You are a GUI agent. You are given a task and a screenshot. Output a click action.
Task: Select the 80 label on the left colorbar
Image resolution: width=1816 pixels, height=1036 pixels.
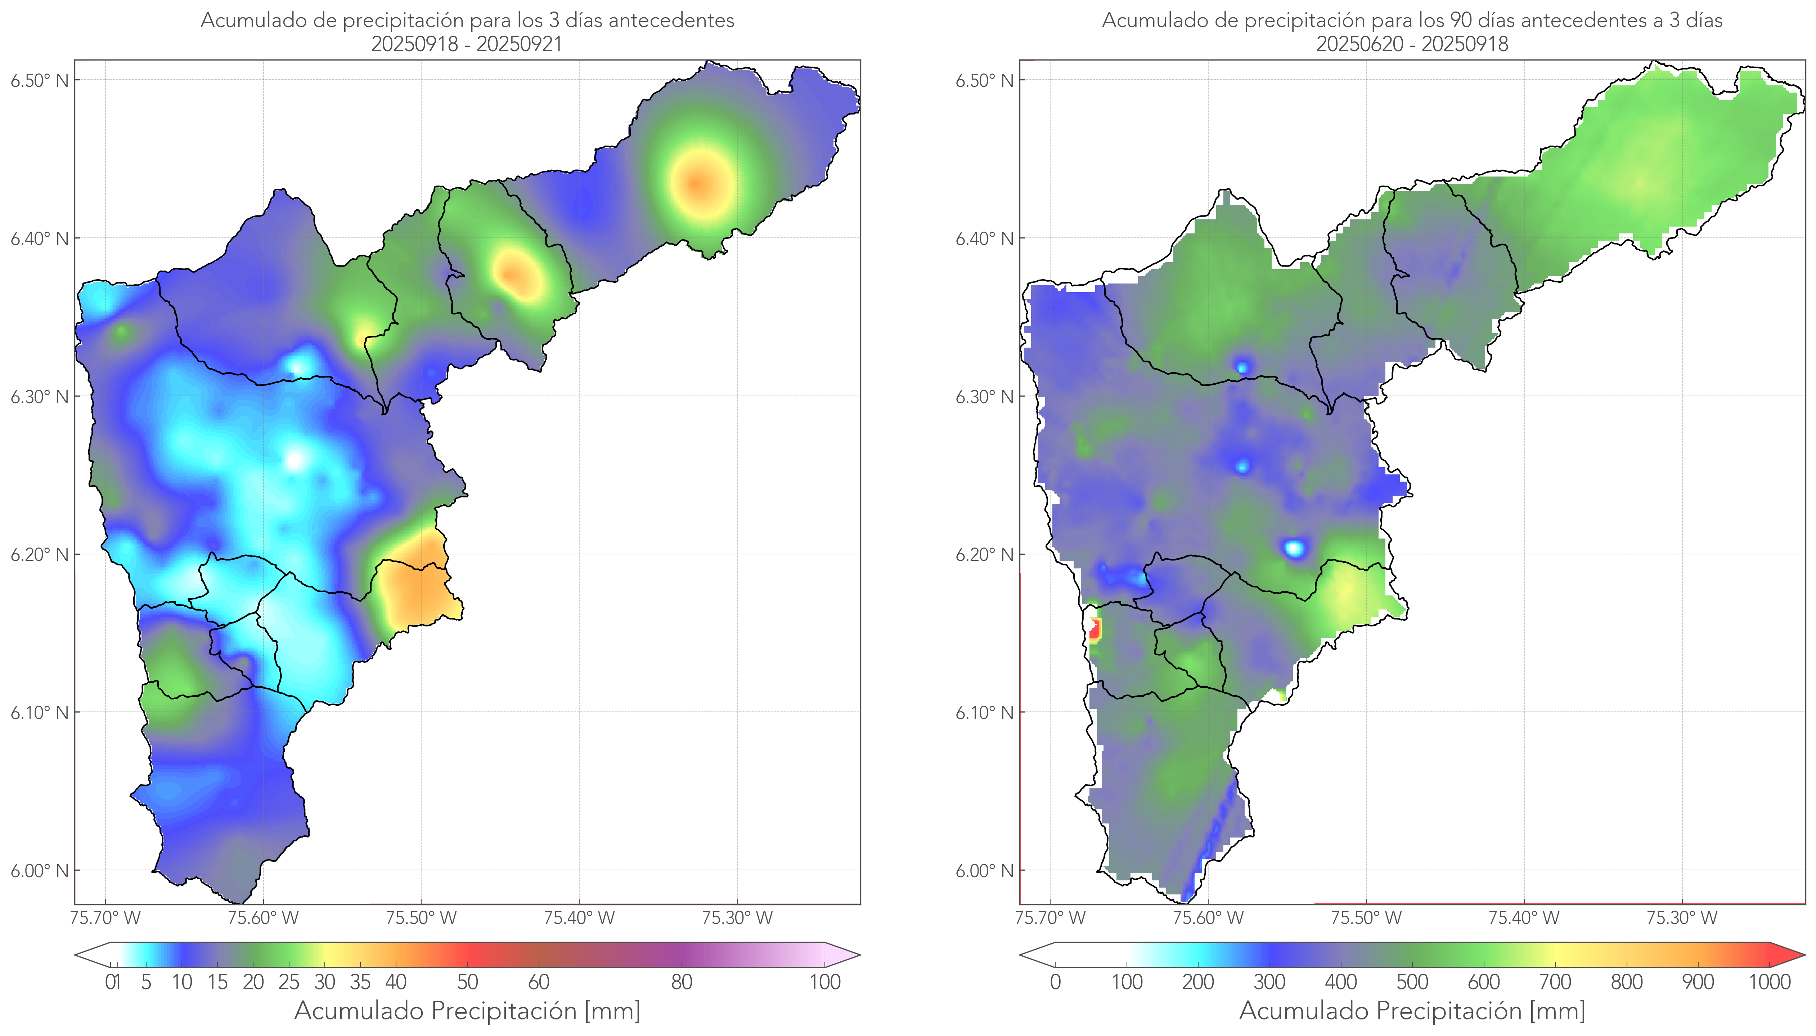681,982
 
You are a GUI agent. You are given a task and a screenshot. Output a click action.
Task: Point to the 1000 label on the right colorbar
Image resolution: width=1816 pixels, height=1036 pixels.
1769,982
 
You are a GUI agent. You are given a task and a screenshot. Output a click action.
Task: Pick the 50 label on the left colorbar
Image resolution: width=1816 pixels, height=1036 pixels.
467,982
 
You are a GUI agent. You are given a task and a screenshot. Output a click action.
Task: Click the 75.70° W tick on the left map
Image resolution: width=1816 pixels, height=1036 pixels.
105,918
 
